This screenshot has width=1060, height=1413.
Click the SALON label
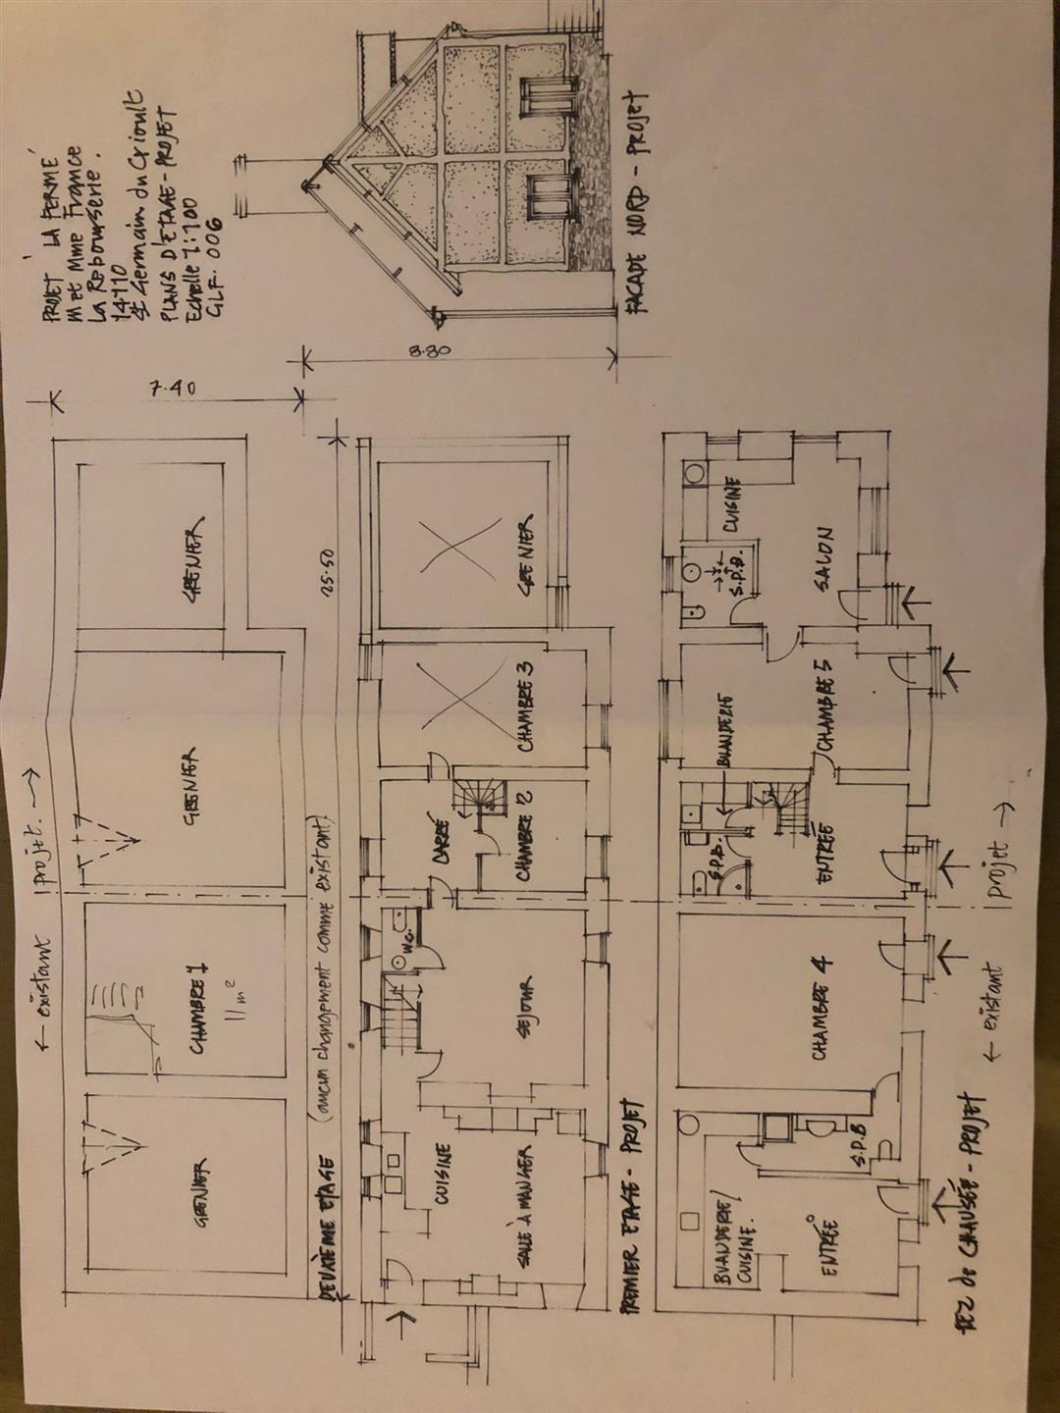tap(822, 559)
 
